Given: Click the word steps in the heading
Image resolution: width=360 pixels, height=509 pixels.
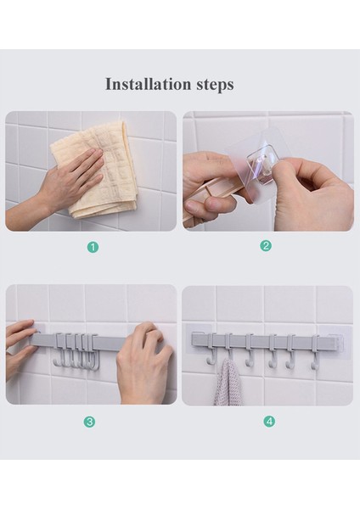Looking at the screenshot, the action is point(215,85).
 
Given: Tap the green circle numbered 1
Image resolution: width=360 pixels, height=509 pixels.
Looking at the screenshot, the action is point(93,248).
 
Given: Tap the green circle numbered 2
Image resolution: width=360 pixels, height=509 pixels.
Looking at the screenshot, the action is point(266,246).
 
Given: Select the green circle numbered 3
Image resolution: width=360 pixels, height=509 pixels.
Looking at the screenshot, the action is point(89,422).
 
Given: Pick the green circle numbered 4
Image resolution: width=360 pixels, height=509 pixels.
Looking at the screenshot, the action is point(269,422).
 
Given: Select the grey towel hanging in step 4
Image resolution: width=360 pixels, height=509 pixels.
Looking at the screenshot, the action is point(228,383).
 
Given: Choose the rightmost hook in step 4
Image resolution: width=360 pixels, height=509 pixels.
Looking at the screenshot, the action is point(315,353).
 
